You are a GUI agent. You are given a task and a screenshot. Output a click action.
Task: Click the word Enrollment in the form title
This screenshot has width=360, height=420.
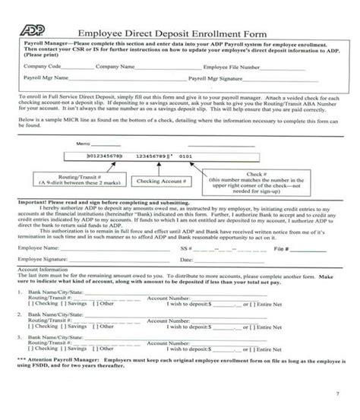(221, 33)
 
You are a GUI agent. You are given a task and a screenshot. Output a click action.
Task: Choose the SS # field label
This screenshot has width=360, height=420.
(182, 248)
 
